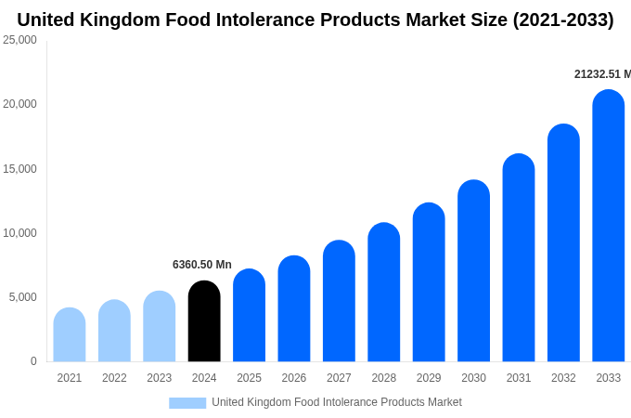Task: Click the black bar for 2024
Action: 204,321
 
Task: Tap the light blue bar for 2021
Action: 70,334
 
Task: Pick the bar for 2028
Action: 384,293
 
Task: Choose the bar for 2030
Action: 473,271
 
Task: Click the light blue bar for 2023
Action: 160,326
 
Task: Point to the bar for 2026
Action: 294,308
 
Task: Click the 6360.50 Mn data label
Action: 202,265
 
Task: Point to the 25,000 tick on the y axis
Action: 19,40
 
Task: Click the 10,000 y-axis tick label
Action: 19,233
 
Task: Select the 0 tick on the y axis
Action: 33,361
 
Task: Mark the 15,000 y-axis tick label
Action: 19,169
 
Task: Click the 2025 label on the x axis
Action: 249,378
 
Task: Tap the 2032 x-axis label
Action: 563,378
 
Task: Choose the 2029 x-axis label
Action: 429,378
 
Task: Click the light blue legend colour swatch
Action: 187,403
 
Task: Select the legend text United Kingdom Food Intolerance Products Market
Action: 337,402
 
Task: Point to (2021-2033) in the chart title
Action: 563,20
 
